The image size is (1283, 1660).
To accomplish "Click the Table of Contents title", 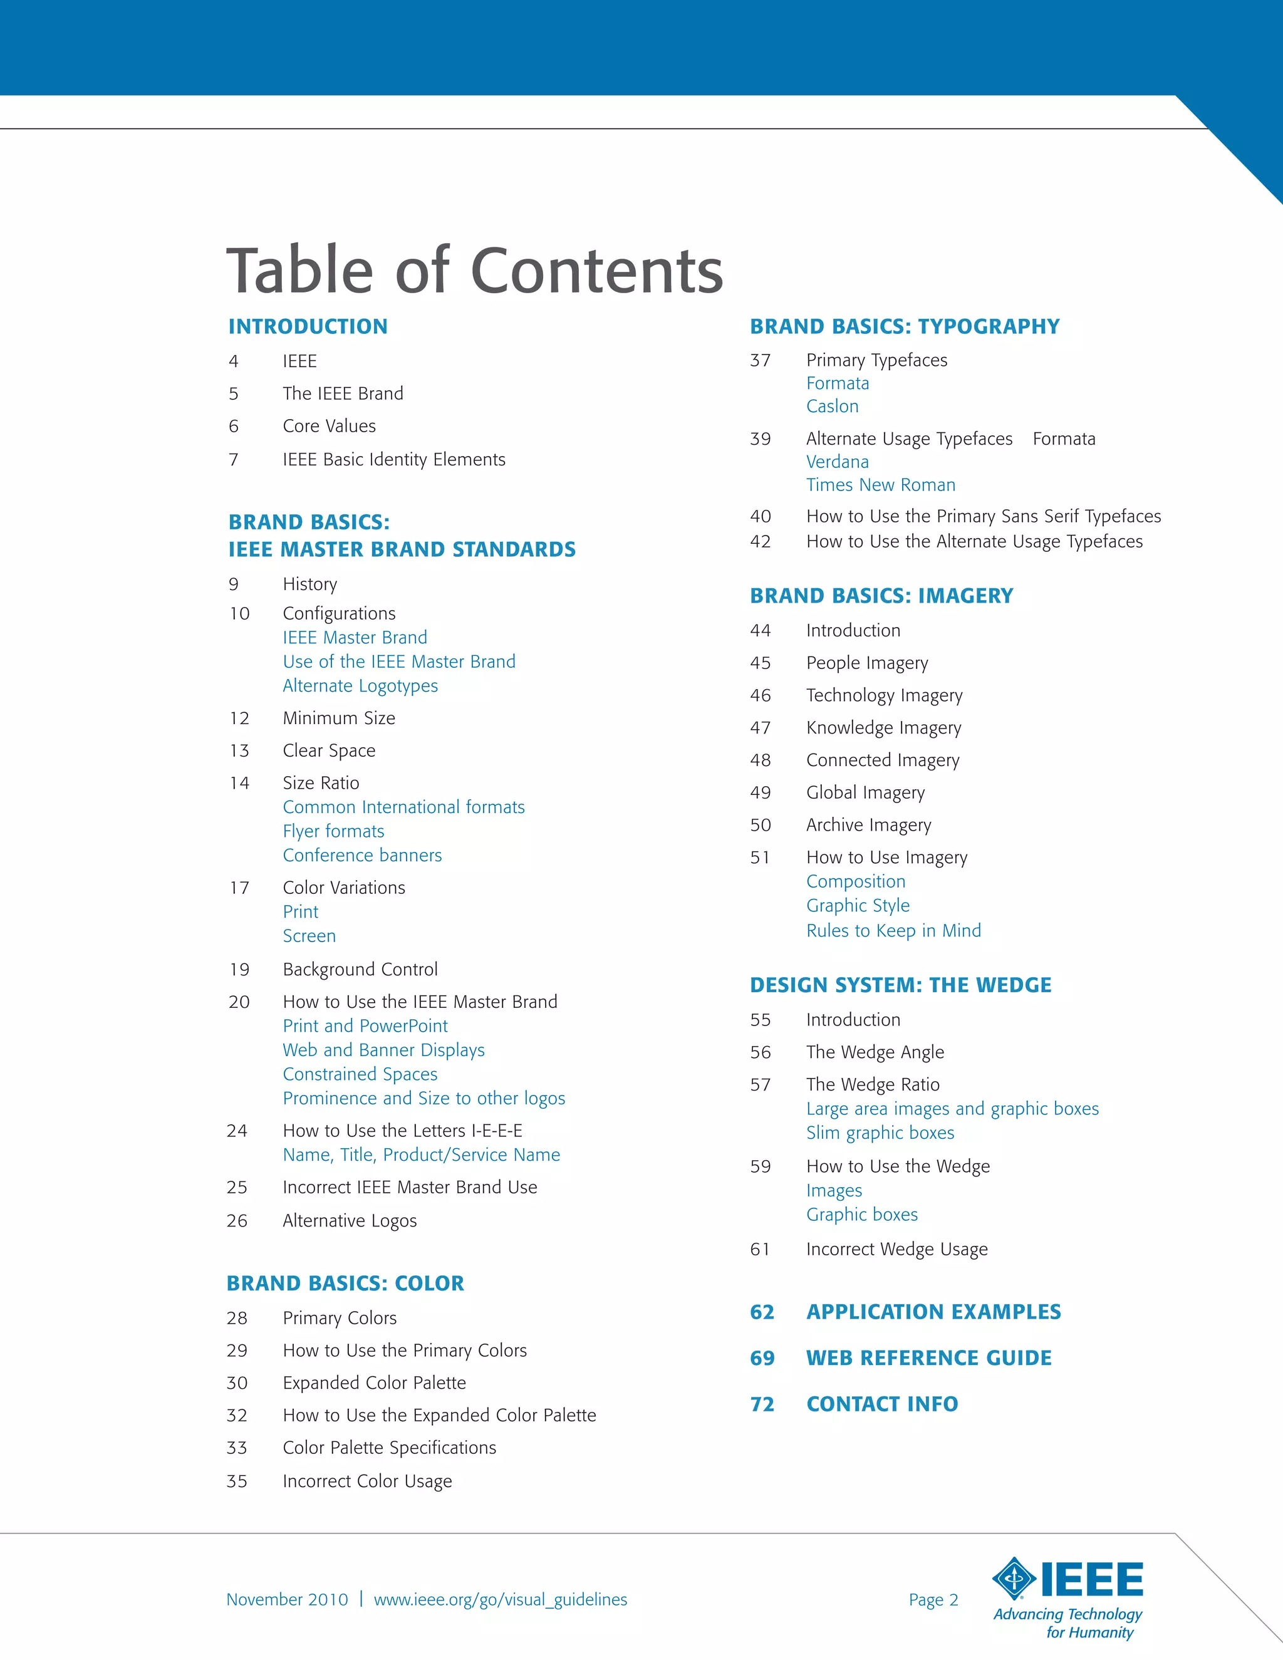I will pyautogui.click(x=474, y=271).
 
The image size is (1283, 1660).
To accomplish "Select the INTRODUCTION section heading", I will pyautogui.click(x=308, y=327).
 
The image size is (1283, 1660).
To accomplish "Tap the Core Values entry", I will pyautogui.click(x=329, y=427).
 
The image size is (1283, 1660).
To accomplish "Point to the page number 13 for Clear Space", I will pyautogui.click(x=239, y=751).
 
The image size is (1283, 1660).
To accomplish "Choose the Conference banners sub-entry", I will pyautogui.click(x=362, y=855).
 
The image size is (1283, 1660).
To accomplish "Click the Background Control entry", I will pyautogui.click(x=360, y=969).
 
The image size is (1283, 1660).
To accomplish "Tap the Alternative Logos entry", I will pyautogui.click(x=350, y=1221).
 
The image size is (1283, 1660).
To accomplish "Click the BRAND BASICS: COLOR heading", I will pyautogui.click(x=345, y=1284).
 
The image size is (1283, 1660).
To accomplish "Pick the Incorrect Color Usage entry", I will pyautogui.click(x=367, y=1481).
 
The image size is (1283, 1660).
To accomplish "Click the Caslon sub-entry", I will pyautogui.click(x=833, y=407).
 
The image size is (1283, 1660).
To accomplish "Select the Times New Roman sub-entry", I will pyautogui.click(x=881, y=485).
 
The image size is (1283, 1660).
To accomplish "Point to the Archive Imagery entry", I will pyautogui.click(x=869, y=826).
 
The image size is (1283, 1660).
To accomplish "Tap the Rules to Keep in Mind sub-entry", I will pyautogui.click(x=894, y=931).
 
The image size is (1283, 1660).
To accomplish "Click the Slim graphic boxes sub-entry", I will pyautogui.click(x=880, y=1133).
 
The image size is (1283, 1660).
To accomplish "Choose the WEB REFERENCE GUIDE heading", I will pyautogui.click(x=929, y=1358).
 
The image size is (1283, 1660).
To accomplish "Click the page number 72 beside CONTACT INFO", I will pyautogui.click(x=762, y=1404).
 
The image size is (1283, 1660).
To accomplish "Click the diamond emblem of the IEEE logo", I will pyautogui.click(x=1014, y=1579).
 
